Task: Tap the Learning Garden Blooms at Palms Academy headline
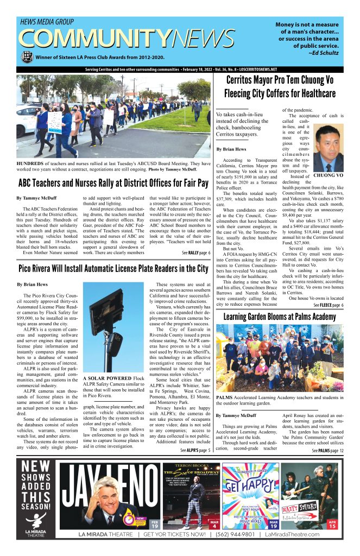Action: point(280,317)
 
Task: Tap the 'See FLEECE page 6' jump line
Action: point(327,305)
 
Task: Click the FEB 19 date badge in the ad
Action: point(155,525)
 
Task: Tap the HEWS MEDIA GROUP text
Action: point(47,22)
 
